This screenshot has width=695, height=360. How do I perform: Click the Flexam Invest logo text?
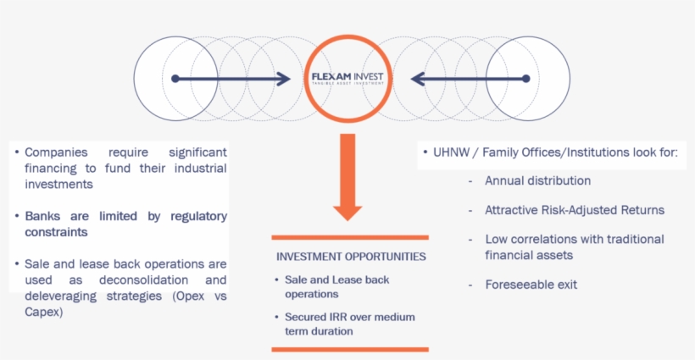(x=347, y=76)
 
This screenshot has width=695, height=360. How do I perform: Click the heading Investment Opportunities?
(x=351, y=256)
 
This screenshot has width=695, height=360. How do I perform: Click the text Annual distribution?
(x=537, y=180)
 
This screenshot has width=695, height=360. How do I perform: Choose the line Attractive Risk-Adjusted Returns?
(x=575, y=210)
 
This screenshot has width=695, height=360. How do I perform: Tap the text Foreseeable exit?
(x=531, y=285)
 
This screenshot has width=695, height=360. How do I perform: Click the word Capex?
(x=42, y=312)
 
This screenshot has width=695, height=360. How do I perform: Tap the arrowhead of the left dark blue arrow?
(x=284, y=79)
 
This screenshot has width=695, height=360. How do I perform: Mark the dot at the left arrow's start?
(x=175, y=79)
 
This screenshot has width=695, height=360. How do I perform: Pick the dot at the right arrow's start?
(x=525, y=79)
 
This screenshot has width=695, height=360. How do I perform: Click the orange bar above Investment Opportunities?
(x=350, y=238)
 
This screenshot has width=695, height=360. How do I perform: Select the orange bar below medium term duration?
(x=350, y=349)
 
